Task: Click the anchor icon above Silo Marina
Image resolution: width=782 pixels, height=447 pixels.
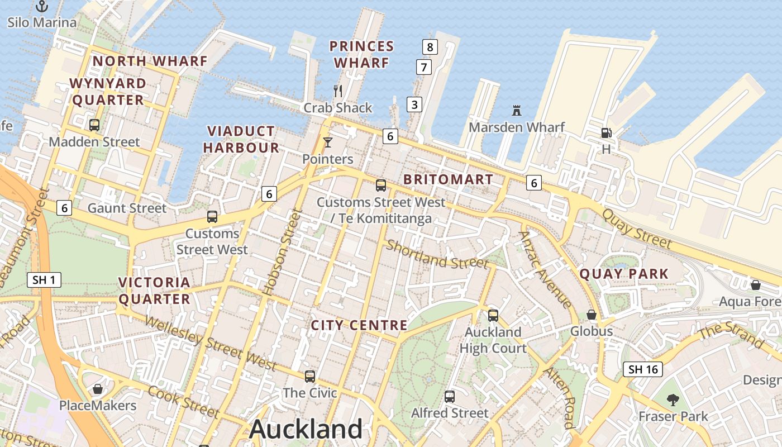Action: tap(42, 6)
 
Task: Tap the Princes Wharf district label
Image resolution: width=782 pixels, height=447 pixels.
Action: tap(361, 54)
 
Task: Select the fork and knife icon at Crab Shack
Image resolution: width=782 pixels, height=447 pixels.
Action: tap(337, 91)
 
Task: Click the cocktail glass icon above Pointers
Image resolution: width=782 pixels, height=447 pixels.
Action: tap(328, 142)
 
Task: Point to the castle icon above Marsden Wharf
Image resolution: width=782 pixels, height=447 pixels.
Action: tap(517, 111)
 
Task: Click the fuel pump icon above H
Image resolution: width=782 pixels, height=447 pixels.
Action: tap(606, 133)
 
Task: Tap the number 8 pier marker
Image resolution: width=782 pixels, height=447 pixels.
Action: tap(430, 47)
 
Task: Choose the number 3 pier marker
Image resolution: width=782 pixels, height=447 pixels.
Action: tap(414, 104)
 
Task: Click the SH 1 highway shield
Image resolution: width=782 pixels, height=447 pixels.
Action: tap(44, 279)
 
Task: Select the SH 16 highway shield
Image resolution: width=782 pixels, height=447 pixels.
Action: tap(643, 369)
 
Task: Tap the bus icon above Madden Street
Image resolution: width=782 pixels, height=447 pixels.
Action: tap(94, 125)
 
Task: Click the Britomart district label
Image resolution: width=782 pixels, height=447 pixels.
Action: tap(448, 179)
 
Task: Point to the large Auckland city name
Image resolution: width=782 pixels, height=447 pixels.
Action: tap(306, 429)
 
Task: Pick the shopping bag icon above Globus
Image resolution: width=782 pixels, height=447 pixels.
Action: tap(592, 315)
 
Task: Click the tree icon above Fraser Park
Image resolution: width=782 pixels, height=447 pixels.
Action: tap(673, 400)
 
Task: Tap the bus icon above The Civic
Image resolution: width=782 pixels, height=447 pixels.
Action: tap(310, 377)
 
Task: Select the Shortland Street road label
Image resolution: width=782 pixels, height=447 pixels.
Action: tap(437, 254)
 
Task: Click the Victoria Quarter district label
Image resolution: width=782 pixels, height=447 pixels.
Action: tap(155, 291)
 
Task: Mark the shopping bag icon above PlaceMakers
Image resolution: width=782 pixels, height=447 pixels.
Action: tap(98, 389)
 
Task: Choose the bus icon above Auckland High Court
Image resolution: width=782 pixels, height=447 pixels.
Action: tap(493, 315)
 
